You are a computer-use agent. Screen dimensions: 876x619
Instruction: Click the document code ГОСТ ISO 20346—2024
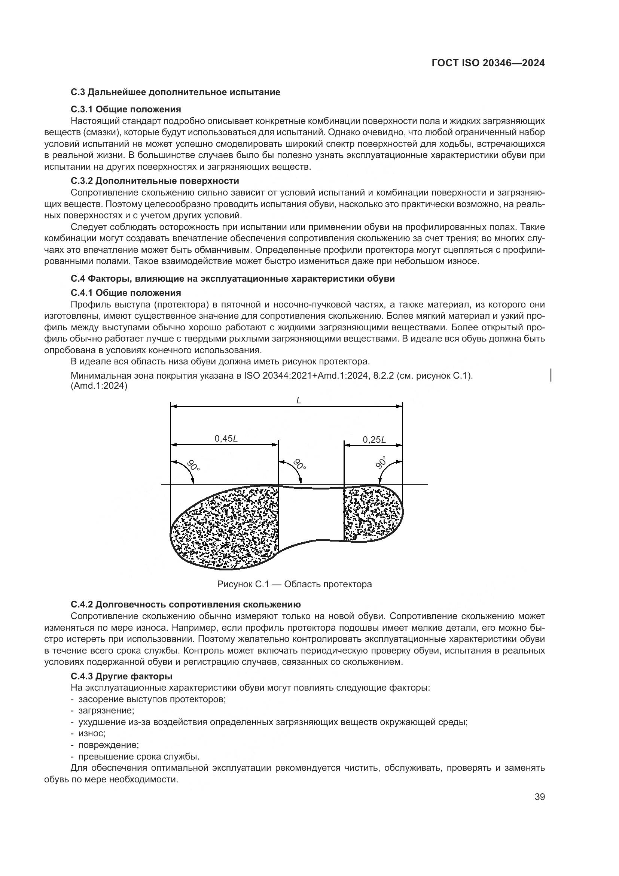(x=488, y=63)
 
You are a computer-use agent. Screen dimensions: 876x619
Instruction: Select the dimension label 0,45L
(x=226, y=439)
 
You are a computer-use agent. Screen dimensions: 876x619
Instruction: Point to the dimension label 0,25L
(x=374, y=440)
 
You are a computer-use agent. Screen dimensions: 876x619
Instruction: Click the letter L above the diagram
(x=298, y=401)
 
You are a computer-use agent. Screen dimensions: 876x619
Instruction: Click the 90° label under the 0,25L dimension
(x=381, y=463)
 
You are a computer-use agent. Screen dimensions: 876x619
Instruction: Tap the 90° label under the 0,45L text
(x=193, y=466)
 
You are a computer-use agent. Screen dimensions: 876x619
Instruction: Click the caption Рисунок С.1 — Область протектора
(x=294, y=584)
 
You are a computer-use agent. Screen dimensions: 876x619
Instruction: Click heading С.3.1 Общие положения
(x=126, y=109)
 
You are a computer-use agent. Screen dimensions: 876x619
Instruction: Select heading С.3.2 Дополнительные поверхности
(x=155, y=181)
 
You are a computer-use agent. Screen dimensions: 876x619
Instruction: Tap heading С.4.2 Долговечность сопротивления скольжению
(x=186, y=604)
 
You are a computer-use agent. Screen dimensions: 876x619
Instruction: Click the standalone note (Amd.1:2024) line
(x=99, y=386)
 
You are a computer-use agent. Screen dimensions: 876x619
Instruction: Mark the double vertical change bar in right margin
(x=552, y=375)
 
